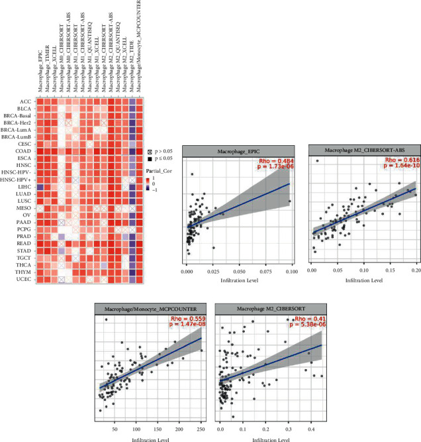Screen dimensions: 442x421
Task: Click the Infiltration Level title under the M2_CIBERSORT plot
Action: (x=270, y=437)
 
